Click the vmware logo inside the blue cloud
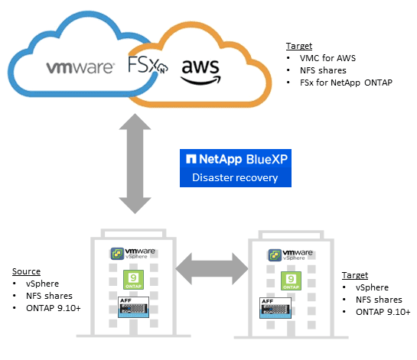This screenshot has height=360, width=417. click(x=80, y=66)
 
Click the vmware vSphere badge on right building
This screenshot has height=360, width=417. click(x=288, y=257)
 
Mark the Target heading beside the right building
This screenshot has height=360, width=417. click(x=355, y=275)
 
